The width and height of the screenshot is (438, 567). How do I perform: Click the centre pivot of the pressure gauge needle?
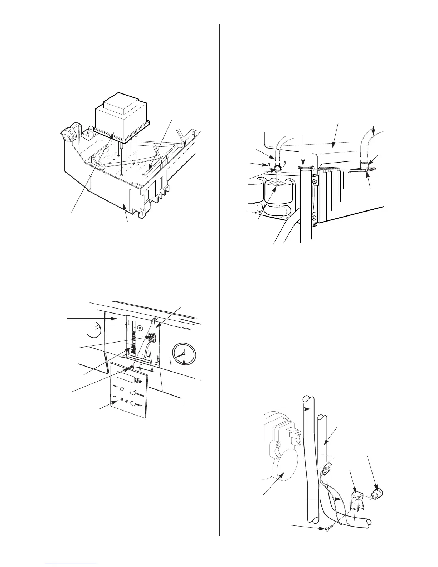[x=184, y=354]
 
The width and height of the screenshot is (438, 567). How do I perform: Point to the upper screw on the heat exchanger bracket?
[x=315, y=182]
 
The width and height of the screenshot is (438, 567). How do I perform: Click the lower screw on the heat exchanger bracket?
[x=314, y=218]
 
